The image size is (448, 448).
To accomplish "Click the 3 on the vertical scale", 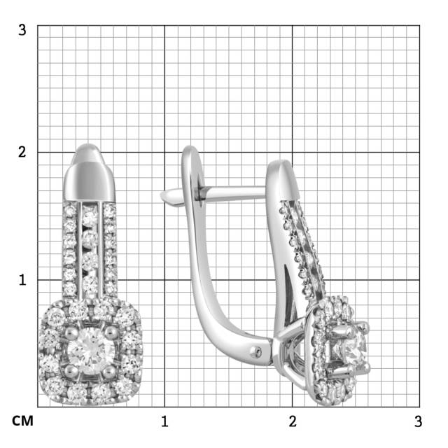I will pos(22,30).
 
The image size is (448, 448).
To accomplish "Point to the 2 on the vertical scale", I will pos(22,152).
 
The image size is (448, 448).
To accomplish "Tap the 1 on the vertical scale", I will pos(22,279).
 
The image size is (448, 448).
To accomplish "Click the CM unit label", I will pos(23,421).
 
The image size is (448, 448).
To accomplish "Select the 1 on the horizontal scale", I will pos(164,421).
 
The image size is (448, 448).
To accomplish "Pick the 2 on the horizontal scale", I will pos(293,421).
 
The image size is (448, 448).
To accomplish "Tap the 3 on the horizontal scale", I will pos(418,421).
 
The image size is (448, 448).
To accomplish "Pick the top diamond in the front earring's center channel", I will pos(89,218).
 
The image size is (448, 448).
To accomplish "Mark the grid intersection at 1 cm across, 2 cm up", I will pos(164,152).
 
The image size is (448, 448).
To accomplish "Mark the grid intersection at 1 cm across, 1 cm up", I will pos(164,279).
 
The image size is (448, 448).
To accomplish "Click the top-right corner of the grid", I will pos(419,25).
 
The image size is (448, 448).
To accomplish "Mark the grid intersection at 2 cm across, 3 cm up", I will pos(293,25).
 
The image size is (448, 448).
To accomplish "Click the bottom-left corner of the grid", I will pos(37,407).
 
